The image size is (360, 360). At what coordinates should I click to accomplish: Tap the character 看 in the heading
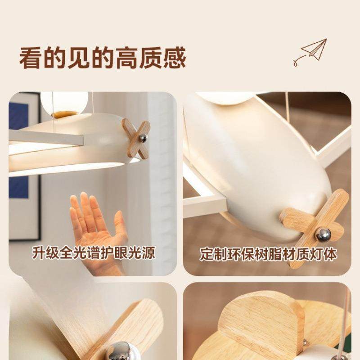[x=30, y=58]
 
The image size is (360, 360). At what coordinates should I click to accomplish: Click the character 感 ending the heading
[x=175, y=58]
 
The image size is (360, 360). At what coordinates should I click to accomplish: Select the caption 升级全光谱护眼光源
[x=94, y=253]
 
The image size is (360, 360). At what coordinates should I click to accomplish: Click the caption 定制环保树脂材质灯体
[x=268, y=254]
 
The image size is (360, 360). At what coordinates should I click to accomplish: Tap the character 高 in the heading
[x=127, y=58]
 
